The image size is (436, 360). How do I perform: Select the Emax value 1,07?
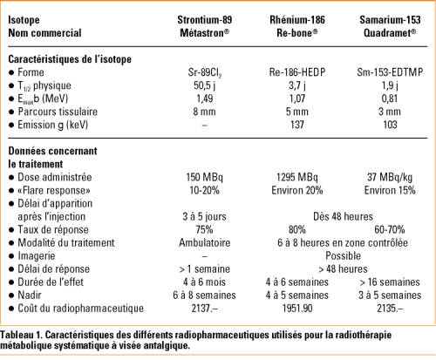[x=299, y=99]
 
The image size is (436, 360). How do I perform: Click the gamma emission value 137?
[x=299, y=126]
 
